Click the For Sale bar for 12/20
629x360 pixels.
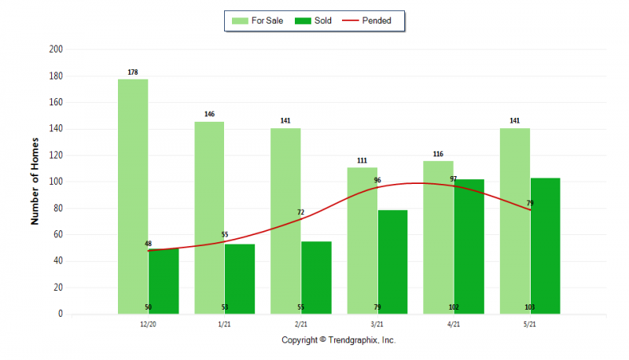[133, 197]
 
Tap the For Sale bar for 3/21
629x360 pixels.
[362, 241]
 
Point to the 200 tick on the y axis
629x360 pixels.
[56, 50]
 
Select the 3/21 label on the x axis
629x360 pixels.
[377, 324]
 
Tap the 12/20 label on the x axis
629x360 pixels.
[148, 324]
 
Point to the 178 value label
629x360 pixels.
[133, 72]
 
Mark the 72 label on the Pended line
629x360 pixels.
[300, 212]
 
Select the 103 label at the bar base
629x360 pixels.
[530, 307]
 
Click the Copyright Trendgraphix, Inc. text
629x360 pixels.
[339, 340]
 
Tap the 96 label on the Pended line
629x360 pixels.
[377, 181]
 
